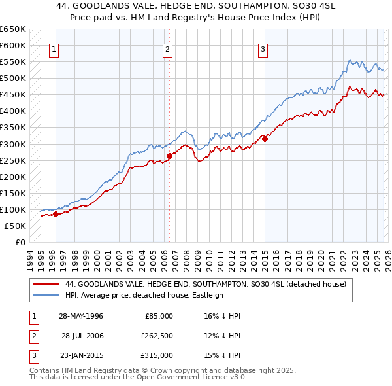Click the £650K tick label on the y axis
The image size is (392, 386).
pyautogui.click(x=13, y=29)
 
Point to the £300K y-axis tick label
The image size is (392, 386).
pyautogui.click(x=13, y=144)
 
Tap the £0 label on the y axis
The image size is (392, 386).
pyautogui.click(x=20, y=243)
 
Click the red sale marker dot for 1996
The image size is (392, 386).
pyautogui.click(x=56, y=214)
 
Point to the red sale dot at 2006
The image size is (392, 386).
pyautogui.click(x=169, y=156)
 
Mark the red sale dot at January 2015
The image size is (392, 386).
pyautogui.click(x=265, y=138)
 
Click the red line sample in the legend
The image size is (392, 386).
pyautogui.click(x=46, y=285)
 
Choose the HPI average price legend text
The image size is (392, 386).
pyautogui.click(x=144, y=295)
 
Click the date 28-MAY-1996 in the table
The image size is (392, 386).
pyautogui.click(x=81, y=316)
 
